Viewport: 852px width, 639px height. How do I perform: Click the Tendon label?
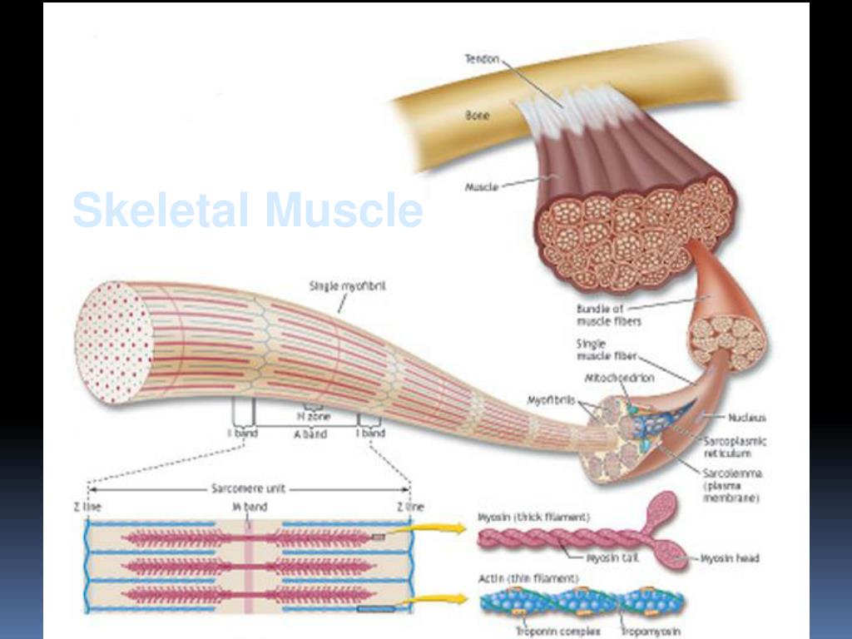482,59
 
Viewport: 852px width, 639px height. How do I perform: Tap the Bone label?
477,116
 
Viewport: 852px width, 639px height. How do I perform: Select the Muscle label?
482,187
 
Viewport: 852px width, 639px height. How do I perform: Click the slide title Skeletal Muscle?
247,210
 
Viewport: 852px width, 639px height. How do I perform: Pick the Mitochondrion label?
620,378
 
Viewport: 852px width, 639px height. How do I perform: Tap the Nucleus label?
746,418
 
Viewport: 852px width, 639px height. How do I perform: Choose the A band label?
310,433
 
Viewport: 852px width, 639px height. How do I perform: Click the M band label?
249,507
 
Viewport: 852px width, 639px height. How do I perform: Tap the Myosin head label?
730,558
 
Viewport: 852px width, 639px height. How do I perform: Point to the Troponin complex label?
558,632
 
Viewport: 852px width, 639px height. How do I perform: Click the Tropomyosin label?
651,632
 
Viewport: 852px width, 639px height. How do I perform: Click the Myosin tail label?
612,558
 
